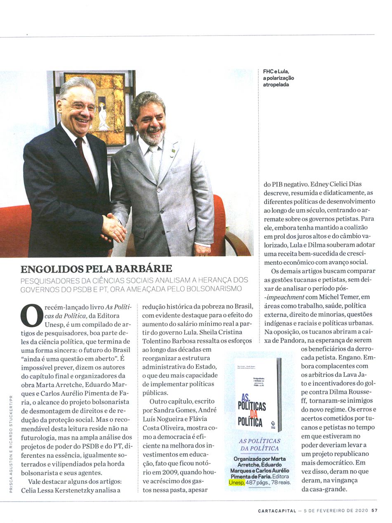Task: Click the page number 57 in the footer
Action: tap(374, 511)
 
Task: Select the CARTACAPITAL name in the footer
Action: tap(277, 511)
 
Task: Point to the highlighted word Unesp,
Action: tap(236, 482)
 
